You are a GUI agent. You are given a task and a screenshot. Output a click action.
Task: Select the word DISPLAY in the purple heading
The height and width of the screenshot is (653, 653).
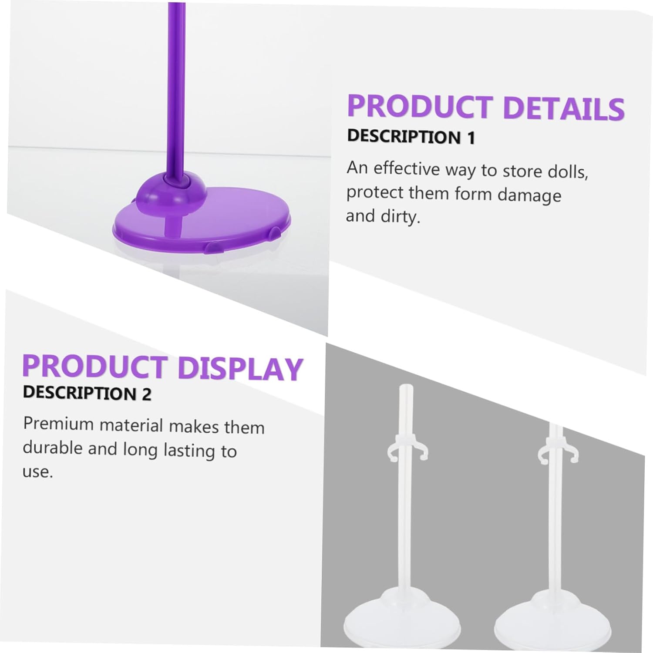click(x=240, y=368)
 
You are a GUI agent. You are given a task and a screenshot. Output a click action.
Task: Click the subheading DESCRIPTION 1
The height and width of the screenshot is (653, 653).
click(x=411, y=137)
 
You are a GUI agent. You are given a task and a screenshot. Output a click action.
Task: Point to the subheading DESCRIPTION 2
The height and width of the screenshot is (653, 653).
click(x=87, y=393)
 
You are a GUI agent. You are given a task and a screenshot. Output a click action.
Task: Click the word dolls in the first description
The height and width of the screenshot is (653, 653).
click(x=568, y=172)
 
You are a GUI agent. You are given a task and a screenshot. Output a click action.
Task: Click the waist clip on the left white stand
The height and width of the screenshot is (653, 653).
click(x=407, y=453)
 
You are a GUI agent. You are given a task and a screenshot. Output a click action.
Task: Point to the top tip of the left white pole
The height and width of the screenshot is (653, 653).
click(x=406, y=386)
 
